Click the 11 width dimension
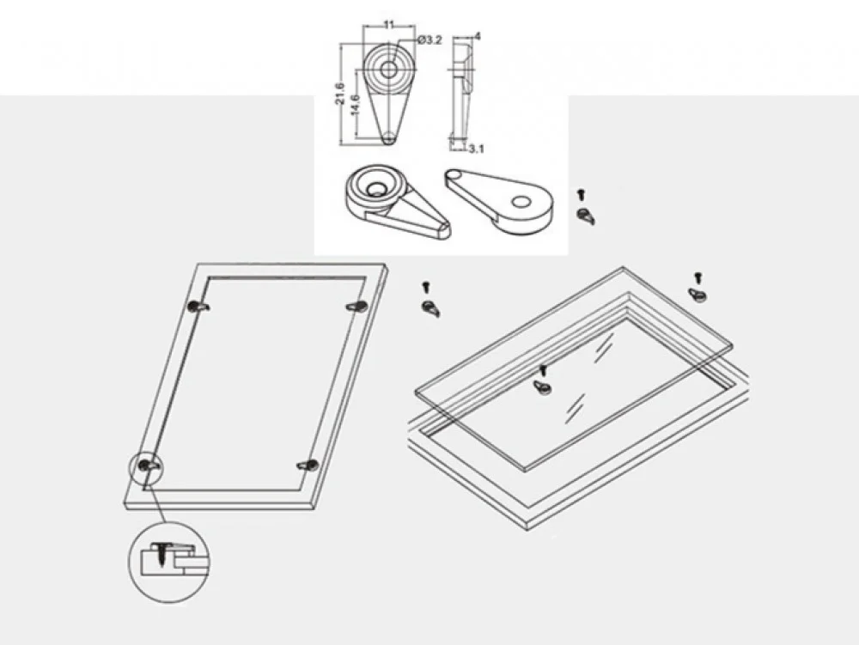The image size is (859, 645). [388, 25]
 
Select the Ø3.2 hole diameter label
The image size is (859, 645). [429, 40]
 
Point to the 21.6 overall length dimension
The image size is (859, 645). [341, 94]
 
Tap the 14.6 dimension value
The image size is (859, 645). [355, 105]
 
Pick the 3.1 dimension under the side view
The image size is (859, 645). [476, 149]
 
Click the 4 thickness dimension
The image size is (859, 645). [478, 36]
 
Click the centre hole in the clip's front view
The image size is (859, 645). [388, 70]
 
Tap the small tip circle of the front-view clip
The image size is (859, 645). [388, 138]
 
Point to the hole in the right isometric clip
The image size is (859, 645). [521, 202]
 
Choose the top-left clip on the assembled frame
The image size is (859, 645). [198, 307]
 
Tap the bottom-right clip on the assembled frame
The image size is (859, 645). [308, 465]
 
